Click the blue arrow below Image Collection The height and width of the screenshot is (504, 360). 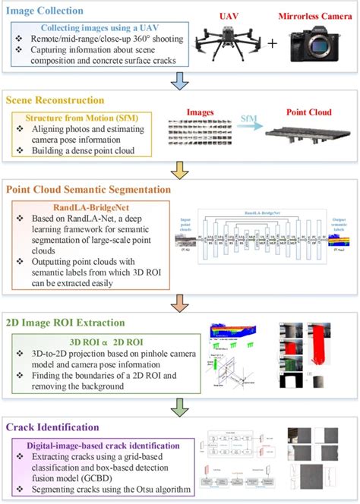(179, 79)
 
